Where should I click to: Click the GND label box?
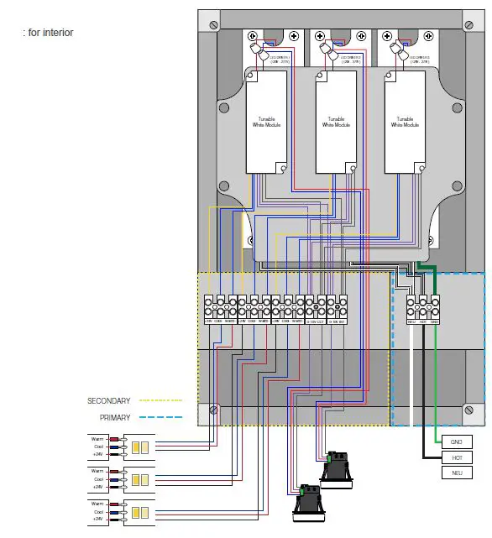point(455,441)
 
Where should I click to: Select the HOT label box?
point(455,457)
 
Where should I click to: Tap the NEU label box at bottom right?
point(455,473)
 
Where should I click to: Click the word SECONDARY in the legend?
point(109,400)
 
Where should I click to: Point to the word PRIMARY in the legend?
point(115,417)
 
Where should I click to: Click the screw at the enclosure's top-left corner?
point(214,20)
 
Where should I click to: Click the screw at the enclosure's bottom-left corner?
point(214,410)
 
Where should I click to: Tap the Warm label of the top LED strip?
point(97,437)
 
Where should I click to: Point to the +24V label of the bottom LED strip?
point(97,519)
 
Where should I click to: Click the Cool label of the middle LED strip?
point(97,478)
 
